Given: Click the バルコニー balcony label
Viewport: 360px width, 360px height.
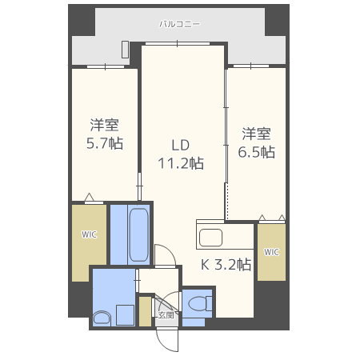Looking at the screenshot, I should click(x=177, y=25).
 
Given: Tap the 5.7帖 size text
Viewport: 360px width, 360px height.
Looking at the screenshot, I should click(x=104, y=145).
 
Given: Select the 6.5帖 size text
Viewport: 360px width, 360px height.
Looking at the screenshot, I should click(x=258, y=151).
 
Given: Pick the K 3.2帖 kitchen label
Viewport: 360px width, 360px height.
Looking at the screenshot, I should click(x=225, y=265).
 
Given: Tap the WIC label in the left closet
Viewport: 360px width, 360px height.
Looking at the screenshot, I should click(x=88, y=234).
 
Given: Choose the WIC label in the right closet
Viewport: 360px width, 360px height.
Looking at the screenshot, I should click(x=271, y=252).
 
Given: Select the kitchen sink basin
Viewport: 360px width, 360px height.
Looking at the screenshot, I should click(x=211, y=238).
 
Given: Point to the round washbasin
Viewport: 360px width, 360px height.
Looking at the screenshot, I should click(x=102, y=318).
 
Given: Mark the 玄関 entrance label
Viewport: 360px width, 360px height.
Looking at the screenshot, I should click(x=166, y=315).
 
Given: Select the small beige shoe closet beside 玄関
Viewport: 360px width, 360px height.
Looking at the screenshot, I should click(x=145, y=311).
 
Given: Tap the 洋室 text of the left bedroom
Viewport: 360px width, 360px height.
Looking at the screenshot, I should click(x=104, y=126).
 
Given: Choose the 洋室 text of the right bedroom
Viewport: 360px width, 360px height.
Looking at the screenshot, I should click(x=258, y=132).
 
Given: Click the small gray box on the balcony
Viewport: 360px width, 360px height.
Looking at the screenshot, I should click(x=126, y=49).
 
